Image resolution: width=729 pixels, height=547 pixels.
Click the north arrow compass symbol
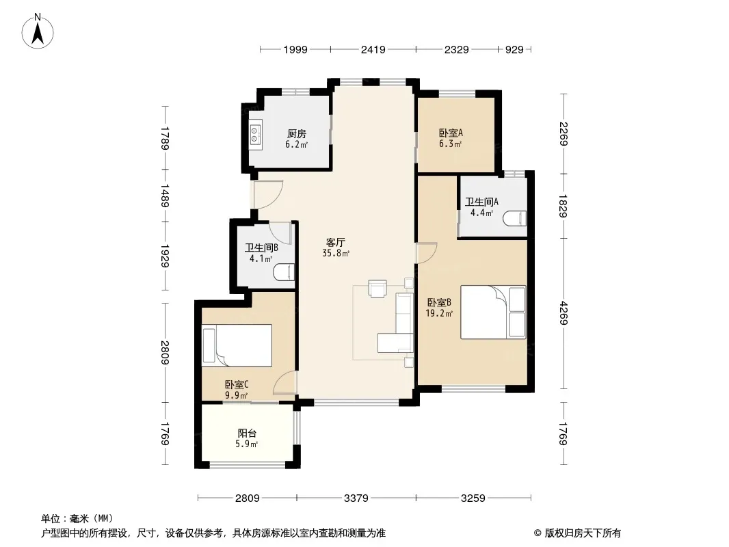pyautogui.click(x=38, y=31)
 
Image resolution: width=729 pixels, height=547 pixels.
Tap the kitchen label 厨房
pyautogui.click(x=297, y=134)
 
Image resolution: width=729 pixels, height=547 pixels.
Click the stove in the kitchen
pyautogui.click(x=255, y=134)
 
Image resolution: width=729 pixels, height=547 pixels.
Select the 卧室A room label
pyautogui.click(x=451, y=133)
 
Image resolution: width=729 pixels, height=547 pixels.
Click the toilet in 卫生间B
pyautogui.click(x=284, y=273)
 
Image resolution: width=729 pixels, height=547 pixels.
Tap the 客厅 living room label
pyautogui.click(x=335, y=243)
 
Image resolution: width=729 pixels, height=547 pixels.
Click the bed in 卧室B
pyautogui.click(x=493, y=312)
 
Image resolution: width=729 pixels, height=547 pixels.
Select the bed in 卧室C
pyautogui.click(x=237, y=345)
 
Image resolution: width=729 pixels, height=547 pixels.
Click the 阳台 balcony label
pyautogui.click(x=247, y=433)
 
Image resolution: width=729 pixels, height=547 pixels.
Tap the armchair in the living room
pyautogui.click(x=377, y=288)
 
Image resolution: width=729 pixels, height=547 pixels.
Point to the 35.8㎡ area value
pyautogui.click(x=336, y=254)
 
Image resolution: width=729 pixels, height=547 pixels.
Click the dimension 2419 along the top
pyautogui.click(x=373, y=49)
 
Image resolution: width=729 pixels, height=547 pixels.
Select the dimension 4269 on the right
pyautogui.click(x=564, y=313)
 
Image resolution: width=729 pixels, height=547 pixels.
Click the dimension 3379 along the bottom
pyautogui.click(x=356, y=498)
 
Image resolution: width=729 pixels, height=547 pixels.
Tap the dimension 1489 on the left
pyautogui.click(x=165, y=195)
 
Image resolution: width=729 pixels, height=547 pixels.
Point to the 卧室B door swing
pyautogui.click(x=426, y=253)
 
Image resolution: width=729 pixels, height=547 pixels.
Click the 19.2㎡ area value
pyautogui.click(x=439, y=314)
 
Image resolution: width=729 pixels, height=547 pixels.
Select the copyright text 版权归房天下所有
pyautogui.click(x=583, y=533)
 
